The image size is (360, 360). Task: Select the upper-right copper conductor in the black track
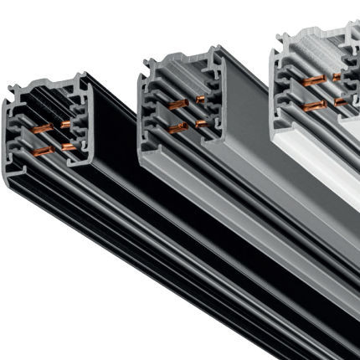click(x=66, y=124)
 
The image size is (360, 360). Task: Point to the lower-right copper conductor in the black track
click(x=69, y=146)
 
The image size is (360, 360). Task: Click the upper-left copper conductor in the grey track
click(x=177, y=105)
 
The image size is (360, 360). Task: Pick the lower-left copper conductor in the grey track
click(x=177, y=128)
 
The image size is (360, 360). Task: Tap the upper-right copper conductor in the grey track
click(x=200, y=100)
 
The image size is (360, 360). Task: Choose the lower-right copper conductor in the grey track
click(x=201, y=122)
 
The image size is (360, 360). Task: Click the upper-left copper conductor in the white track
click(x=313, y=80)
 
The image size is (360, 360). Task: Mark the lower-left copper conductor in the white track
click(x=314, y=105)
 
